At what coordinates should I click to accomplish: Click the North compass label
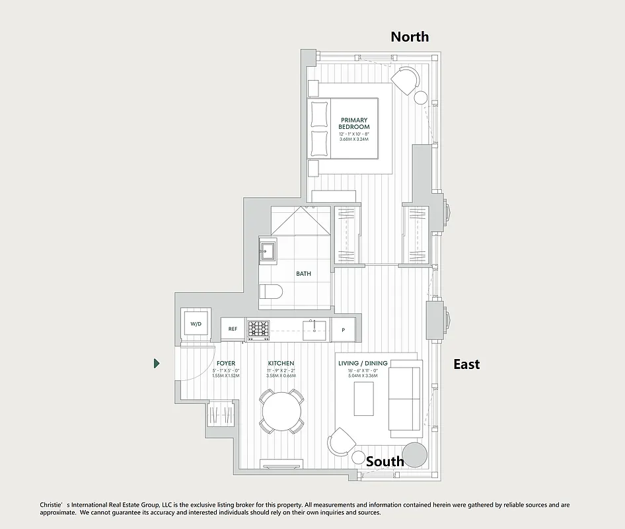[x=410, y=36]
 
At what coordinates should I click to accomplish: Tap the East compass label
[x=466, y=364]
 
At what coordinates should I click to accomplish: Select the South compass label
[x=385, y=461]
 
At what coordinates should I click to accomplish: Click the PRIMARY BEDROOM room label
[x=354, y=123]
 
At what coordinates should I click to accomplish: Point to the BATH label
[x=303, y=273]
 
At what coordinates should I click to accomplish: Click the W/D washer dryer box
[x=196, y=324]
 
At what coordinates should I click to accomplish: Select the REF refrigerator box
[x=233, y=329]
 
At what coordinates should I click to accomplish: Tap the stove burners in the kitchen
[x=258, y=328]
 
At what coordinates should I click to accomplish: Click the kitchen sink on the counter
[x=314, y=328]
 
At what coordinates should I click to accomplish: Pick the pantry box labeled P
[x=344, y=329]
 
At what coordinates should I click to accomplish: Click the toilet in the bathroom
[x=272, y=292]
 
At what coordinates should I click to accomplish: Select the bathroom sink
[x=268, y=250]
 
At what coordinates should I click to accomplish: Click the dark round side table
[x=415, y=455]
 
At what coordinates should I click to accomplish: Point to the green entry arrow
[x=157, y=363]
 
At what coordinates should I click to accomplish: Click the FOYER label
[x=226, y=364]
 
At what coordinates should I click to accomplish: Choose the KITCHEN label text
[x=281, y=364]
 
